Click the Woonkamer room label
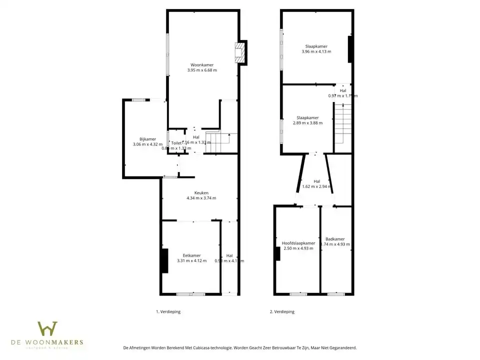(201, 64)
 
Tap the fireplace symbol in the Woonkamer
(240, 52)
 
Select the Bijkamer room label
(147, 139)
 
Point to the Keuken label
(201, 192)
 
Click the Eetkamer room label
(191, 255)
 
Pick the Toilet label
(176, 142)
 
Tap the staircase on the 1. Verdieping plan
(220, 141)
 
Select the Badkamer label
(335, 239)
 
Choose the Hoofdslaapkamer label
(298, 243)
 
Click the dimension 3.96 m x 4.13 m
(316, 51)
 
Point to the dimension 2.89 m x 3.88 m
(307, 123)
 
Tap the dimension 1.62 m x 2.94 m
(317, 187)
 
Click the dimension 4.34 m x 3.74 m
(201, 198)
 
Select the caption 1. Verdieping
(168, 311)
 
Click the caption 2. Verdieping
(282, 311)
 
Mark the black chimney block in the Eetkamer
(164, 260)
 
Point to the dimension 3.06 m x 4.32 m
(147, 144)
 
